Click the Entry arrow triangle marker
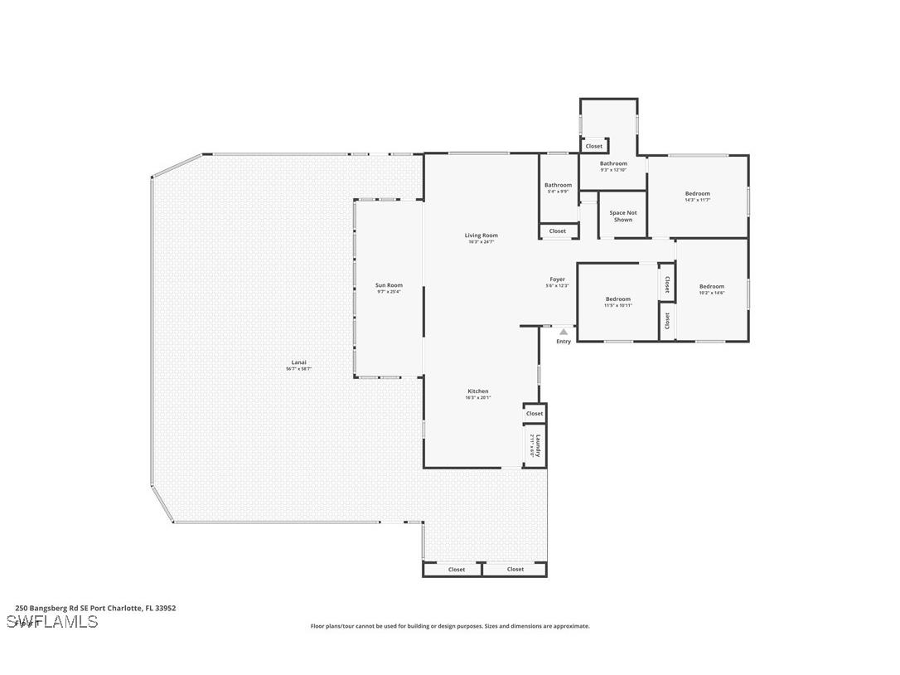(x=564, y=332)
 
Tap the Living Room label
(x=481, y=236)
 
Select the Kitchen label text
(x=478, y=391)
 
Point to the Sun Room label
(x=389, y=285)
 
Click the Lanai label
(x=298, y=362)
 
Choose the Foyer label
(x=557, y=279)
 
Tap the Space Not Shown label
(x=623, y=216)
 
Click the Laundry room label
(x=537, y=445)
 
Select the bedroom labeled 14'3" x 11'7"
(x=697, y=194)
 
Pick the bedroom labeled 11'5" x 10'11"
(x=617, y=299)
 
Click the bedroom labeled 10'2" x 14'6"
(x=711, y=287)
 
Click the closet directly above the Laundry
(x=535, y=413)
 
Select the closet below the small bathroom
(x=558, y=231)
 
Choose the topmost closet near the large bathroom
(x=594, y=147)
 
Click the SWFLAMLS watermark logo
(x=52, y=622)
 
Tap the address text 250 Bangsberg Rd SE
(x=95, y=608)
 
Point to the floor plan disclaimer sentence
(x=450, y=626)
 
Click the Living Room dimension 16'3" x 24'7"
(x=481, y=242)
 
